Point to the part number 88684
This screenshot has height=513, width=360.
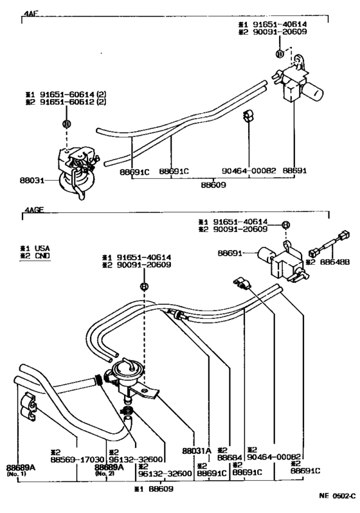pyautogui.click(x=230, y=458)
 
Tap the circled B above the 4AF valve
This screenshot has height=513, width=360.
pyautogui.click(x=66, y=123)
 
